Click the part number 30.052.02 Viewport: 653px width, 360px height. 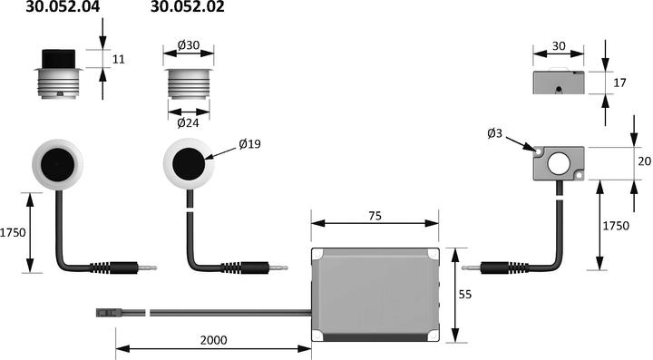pyautogui.click(x=187, y=8)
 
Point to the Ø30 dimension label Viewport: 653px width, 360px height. pyautogui.click(x=188, y=45)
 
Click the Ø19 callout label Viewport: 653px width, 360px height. pyautogui.click(x=249, y=144)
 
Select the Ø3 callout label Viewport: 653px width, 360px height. pyautogui.click(x=495, y=134)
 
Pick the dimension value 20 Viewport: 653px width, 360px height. pyautogui.click(x=643, y=161)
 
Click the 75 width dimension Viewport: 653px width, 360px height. pyautogui.click(x=374, y=216)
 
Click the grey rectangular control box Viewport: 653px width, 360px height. pyautogui.click(x=375, y=295)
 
